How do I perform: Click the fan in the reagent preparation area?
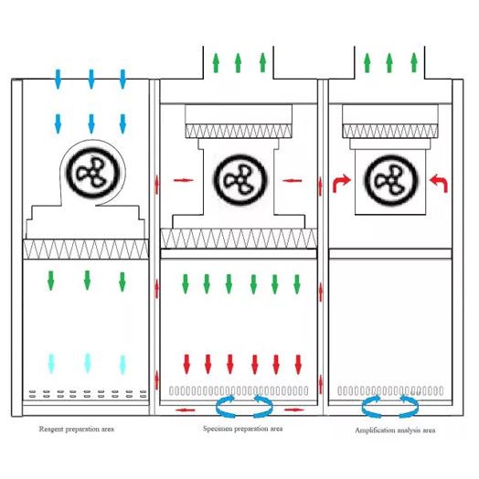tap(92, 172)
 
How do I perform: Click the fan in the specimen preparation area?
tap(241, 180)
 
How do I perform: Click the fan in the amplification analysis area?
tap(391, 180)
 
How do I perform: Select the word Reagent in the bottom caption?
tap(51, 430)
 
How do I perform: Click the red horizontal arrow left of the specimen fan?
tap(184, 180)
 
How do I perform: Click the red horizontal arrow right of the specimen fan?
tap(293, 181)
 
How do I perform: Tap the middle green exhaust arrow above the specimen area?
tap(238, 63)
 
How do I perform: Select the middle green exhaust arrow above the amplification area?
tap(389, 63)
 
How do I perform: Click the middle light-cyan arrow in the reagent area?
tap(88, 363)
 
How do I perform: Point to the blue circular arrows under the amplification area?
tap(390, 406)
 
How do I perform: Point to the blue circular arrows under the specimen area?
tap(244, 406)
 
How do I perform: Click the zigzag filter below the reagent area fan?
tap(86, 250)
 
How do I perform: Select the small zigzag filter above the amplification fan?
tap(390, 131)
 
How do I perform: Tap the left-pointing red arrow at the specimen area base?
tap(186, 410)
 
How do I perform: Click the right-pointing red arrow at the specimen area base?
tap(294, 410)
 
